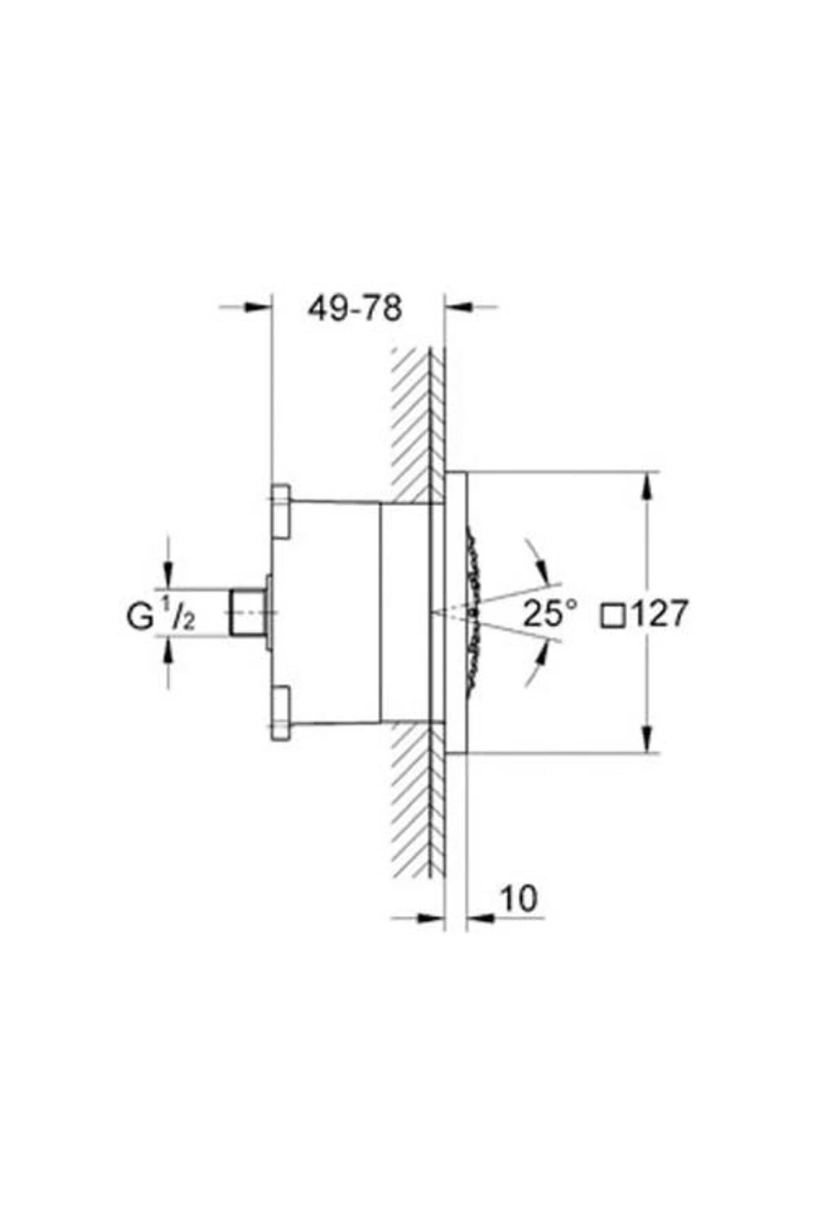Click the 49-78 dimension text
coord(355,308)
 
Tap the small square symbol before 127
coord(613,615)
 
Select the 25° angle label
coord(549,614)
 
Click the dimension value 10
coord(519,899)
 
